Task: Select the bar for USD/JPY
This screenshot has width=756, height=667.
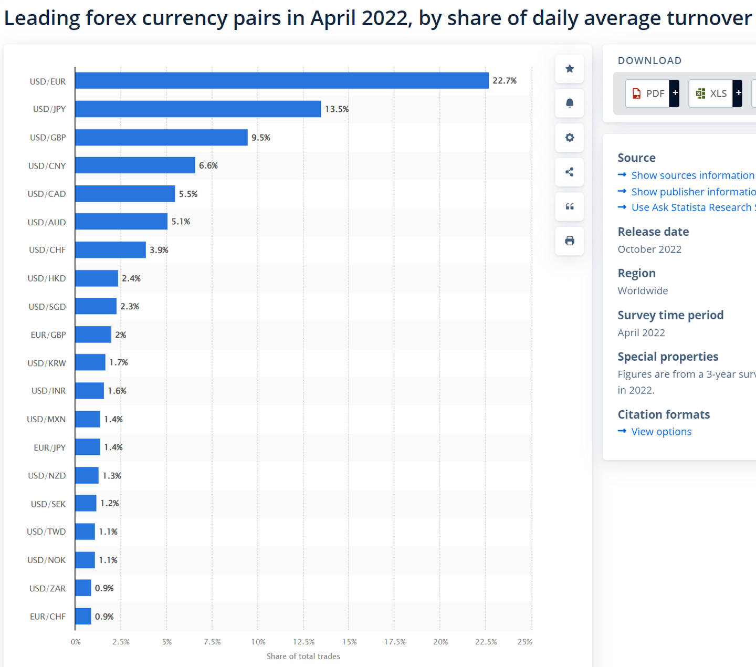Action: point(198,109)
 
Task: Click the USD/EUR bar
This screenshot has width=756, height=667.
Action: point(281,80)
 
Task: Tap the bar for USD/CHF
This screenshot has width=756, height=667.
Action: point(110,249)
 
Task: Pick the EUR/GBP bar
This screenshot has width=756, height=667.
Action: point(93,335)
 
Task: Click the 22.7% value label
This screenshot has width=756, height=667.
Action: point(505,80)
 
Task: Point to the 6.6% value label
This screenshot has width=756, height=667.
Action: point(208,165)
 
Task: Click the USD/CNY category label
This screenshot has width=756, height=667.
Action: point(47,166)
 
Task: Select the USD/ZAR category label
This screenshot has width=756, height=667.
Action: point(47,588)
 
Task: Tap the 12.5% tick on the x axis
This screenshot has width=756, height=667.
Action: point(303,642)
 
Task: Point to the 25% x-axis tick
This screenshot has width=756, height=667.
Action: point(524,642)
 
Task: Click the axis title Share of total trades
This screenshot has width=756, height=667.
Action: point(303,656)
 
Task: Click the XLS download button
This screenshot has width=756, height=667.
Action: point(711,93)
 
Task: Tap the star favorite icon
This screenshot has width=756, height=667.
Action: point(569,69)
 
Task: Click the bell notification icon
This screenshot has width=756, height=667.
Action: point(569,103)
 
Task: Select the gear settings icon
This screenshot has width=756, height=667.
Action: point(569,138)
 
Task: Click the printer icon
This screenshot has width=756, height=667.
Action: point(569,241)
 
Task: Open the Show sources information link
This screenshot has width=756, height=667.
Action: point(692,175)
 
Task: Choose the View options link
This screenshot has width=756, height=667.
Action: point(661,432)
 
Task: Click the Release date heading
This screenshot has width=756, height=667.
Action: point(653,232)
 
